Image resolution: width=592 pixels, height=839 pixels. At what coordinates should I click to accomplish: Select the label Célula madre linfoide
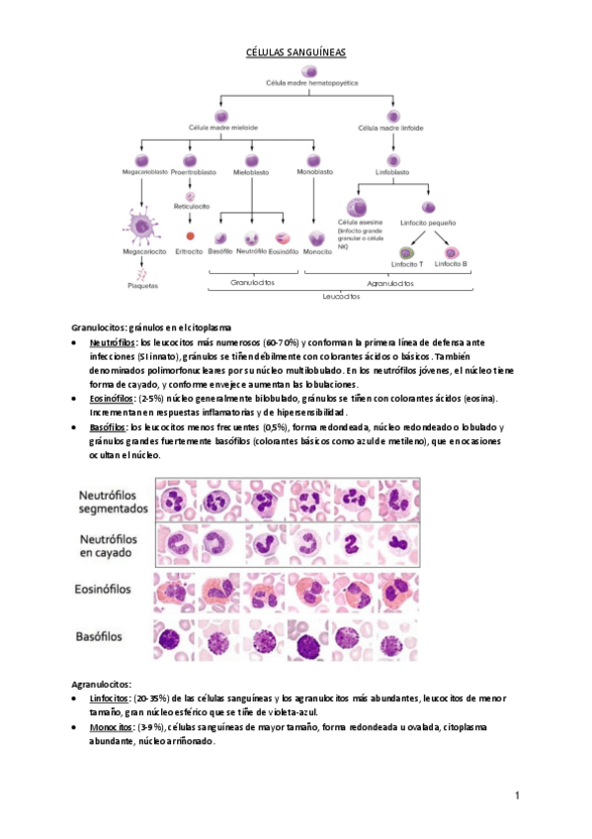click(392, 128)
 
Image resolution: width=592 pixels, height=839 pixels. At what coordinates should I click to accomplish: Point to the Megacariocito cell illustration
click(142, 227)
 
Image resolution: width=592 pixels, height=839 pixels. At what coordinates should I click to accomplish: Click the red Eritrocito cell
click(190, 237)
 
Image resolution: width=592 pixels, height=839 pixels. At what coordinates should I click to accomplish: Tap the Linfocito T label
click(407, 264)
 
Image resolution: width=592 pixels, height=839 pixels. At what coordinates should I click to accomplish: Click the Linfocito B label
click(451, 264)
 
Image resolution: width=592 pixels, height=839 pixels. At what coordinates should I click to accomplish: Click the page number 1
click(516, 795)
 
